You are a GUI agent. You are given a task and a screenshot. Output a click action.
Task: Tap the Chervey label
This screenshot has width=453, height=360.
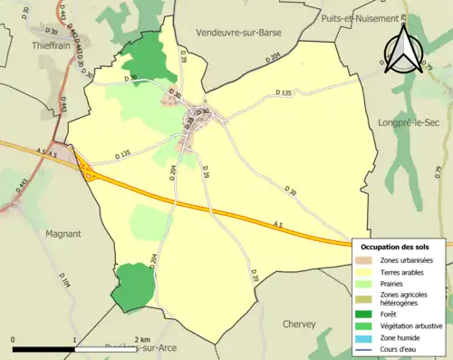click(x=298, y=324)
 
